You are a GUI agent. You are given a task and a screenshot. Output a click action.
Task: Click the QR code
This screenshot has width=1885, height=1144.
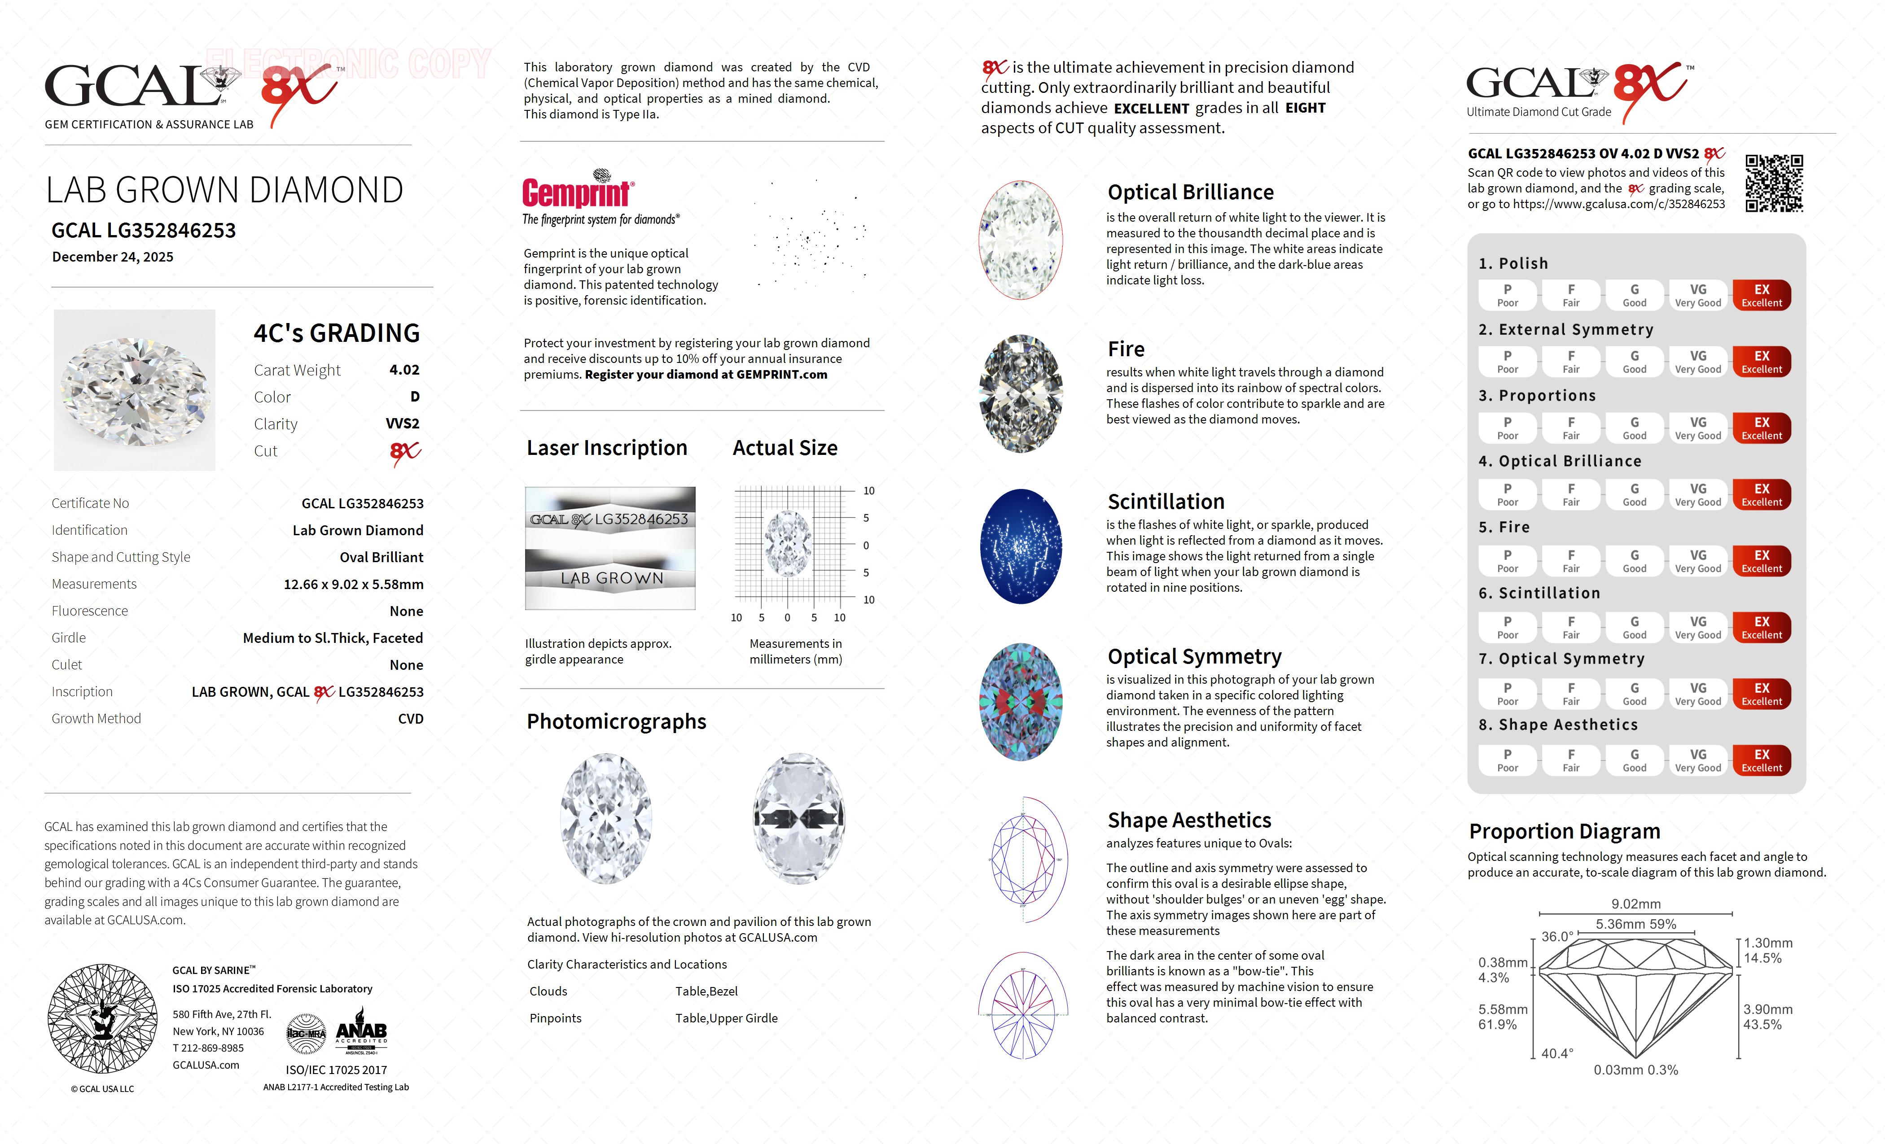click(x=1773, y=183)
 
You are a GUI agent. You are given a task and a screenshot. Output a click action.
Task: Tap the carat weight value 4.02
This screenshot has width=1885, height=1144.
click(x=404, y=370)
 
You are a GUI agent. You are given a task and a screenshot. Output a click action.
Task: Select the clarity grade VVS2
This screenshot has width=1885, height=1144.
click(x=403, y=424)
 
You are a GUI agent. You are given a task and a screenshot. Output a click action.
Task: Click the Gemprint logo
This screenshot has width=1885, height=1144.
click(x=578, y=191)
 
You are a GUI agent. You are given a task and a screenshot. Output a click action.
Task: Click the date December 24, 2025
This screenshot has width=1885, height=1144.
click(x=113, y=257)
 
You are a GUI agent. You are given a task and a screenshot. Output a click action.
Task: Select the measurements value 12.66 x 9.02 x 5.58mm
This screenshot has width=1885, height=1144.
click(x=354, y=584)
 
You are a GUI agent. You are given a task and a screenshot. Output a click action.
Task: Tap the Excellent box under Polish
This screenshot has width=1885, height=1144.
click(x=1761, y=295)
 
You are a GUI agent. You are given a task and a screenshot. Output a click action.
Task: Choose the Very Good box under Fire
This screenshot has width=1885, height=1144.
click(x=1697, y=560)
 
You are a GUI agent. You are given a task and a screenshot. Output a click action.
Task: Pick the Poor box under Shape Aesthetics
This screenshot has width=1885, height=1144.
click(x=1507, y=760)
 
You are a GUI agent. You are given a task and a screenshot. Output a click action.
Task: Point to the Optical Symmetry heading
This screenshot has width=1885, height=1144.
click(x=1194, y=657)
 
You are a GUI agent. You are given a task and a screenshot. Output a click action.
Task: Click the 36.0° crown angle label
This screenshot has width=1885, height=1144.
click(x=1557, y=937)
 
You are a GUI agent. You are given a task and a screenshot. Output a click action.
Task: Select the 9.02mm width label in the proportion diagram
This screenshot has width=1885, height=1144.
click(x=1635, y=904)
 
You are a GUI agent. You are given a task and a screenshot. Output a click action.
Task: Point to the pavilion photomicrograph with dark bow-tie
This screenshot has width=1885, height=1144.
click(x=799, y=818)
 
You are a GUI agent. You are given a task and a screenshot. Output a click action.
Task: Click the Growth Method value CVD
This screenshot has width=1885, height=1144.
click(x=410, y=719)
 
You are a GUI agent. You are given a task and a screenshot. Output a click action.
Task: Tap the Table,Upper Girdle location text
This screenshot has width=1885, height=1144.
click(x=726, y=1018)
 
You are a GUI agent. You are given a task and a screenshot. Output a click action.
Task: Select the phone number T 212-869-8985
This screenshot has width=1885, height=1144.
click(x=208, y=1048)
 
